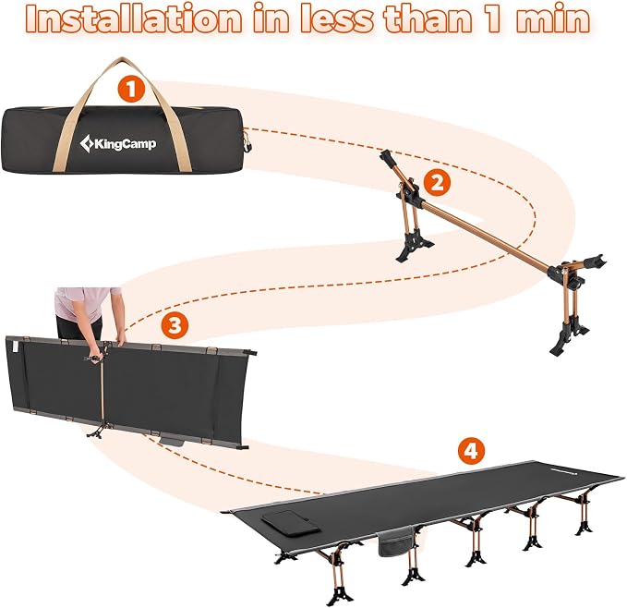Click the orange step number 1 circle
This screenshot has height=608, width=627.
tap(132, 89)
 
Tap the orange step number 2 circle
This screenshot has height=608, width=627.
tap(437, 182)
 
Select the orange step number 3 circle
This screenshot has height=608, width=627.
tap(175, 325)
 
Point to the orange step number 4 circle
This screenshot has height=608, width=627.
tap(472, 451)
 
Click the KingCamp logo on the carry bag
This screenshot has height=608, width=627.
tap(118, 143)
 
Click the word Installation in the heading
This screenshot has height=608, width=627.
tap(134, 19)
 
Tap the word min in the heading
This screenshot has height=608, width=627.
tap(552, 19)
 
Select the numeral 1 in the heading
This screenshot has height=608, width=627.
tap(493, 18)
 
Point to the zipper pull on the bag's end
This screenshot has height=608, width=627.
tap(247, 144)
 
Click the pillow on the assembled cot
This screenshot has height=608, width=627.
tap(290, 521)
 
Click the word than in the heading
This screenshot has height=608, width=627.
tap(428, 19)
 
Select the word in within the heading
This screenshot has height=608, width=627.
tap(271, 19)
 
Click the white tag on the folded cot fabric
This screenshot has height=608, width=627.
tap(16, 346)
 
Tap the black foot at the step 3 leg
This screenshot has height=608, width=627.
tap(95, 432)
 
